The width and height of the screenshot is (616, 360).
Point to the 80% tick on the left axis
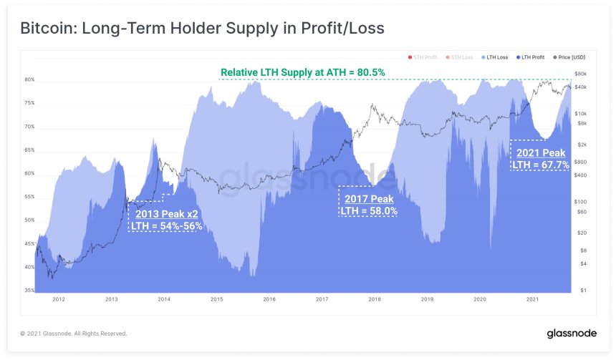pyautogui.click(x=30, y=80)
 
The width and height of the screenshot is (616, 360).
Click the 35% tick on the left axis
pyautogui.click(x=30, y=291)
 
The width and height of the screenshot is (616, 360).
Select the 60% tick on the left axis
pyautogui.click(x=30, y=174)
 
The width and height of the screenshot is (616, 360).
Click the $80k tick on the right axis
pyautogui.click(x=582, y=74)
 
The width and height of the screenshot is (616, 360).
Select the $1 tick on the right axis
pyautogui.click(x=584, y=291)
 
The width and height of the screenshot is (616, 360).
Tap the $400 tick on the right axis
pyautogui.click(x=581, y=175)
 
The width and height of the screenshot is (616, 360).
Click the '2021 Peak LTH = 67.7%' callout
pyautogui.click(x=541, y=159)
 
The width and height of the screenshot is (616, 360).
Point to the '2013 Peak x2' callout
pyautogui.click(x=166, y=213)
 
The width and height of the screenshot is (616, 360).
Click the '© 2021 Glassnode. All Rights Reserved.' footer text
pyautogui.click(x=74, y=334)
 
